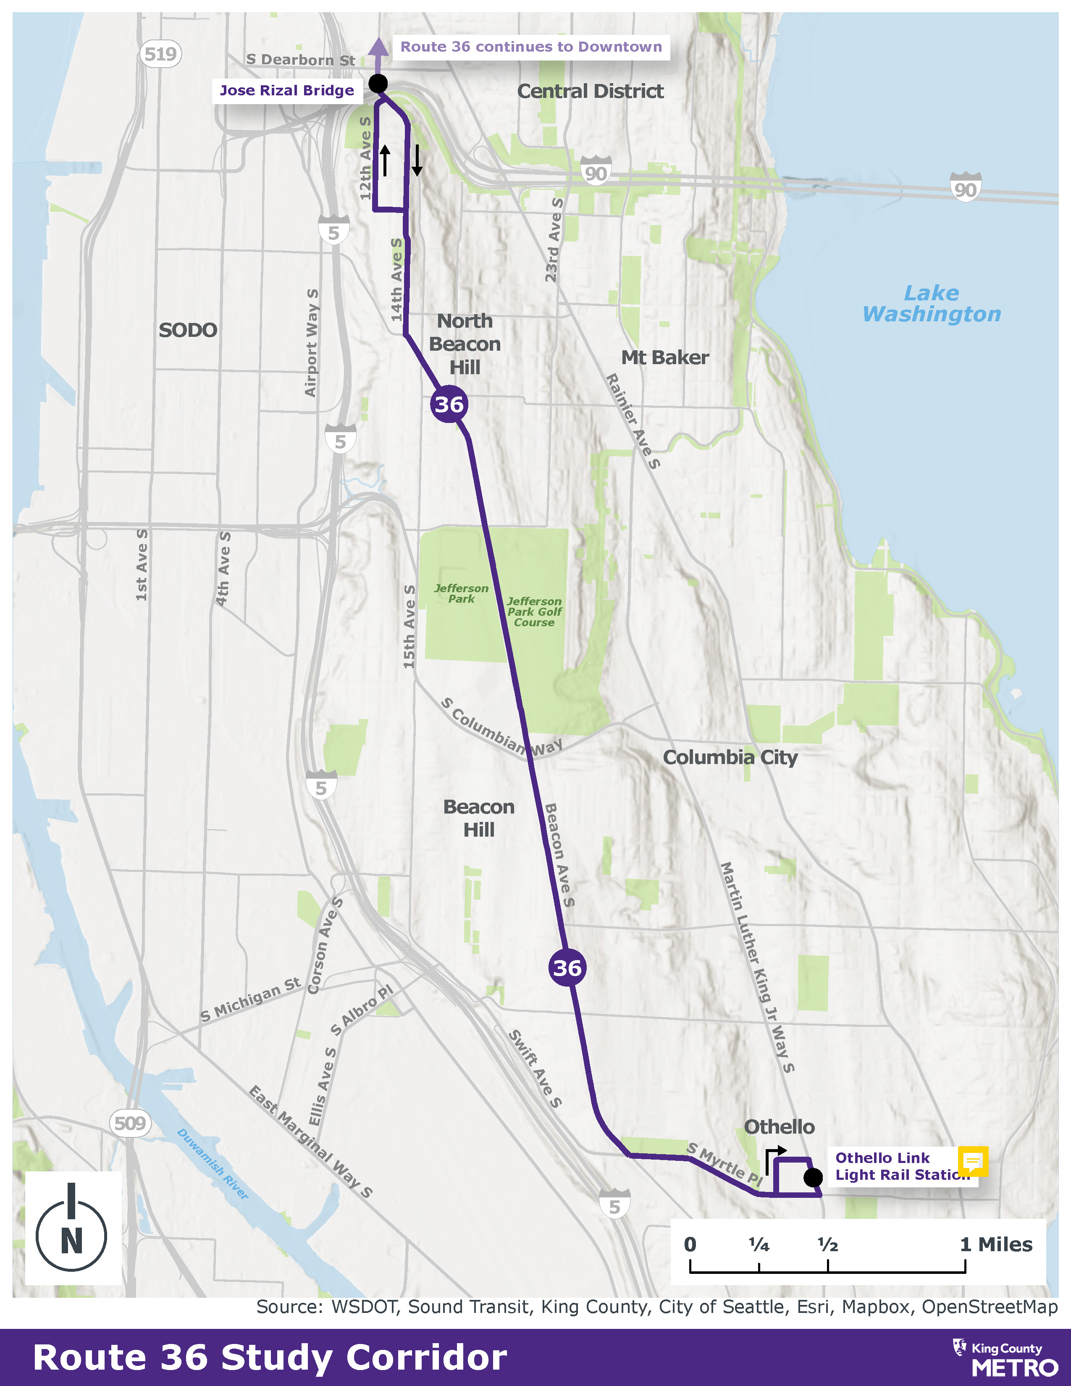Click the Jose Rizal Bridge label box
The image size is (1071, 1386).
(287, 91)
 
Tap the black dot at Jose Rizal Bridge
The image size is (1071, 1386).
(378, 83)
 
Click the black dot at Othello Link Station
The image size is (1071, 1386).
(813, 1178)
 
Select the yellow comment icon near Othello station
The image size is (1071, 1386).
(973, 1161)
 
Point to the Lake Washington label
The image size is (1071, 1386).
(932, 303)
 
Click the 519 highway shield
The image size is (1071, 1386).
(160, 54)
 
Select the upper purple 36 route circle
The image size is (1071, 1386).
(449, 404)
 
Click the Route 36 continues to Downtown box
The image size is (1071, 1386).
(531, 47)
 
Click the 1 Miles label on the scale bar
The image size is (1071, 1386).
(996, 1244)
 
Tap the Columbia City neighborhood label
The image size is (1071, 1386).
(730, 757)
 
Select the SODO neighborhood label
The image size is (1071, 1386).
(188, 330)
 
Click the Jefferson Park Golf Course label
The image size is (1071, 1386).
(534, 612)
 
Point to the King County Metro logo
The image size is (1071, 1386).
(1005, 1358)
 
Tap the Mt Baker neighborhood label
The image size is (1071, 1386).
(664, 357)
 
